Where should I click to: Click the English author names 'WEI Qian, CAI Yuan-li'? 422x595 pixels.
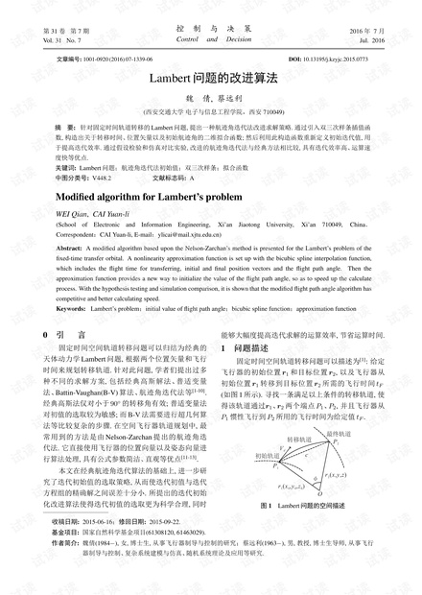94,213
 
